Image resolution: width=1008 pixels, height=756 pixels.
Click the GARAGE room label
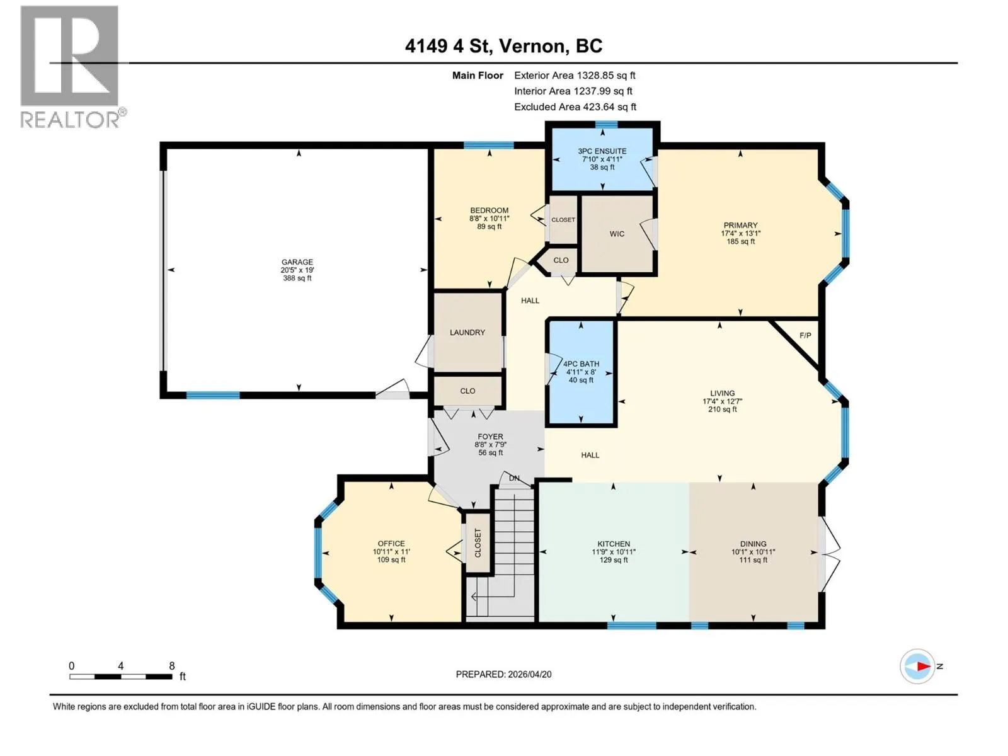pos(297,262)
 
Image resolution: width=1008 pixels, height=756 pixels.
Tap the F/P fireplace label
pos(805,336)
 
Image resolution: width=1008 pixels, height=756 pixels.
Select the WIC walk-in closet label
pos(617,234)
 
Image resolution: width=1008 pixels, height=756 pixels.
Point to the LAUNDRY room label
pos(467,333)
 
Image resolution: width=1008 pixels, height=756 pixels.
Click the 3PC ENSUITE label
pos(602,151)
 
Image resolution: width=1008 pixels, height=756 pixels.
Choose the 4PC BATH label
pos(581,364)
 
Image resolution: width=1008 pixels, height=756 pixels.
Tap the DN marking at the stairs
pos(514,478)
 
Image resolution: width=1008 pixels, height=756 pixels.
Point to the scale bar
pos(121,677)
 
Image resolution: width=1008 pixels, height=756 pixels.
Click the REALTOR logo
pos(72,67)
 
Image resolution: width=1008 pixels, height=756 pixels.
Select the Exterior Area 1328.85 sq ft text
pos(575,75)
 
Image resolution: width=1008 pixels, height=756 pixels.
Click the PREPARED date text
pos(504,674)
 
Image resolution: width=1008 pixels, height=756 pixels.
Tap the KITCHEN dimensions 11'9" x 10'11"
pos(614,552)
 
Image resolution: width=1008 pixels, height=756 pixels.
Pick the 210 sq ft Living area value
pos(723,409)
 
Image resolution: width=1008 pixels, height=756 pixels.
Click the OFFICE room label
pos(391,544)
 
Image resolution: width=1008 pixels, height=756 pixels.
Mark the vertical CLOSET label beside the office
pos(478,543)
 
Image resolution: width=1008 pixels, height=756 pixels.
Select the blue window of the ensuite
pos(606,124)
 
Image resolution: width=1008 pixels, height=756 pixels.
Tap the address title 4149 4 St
pos(449,46)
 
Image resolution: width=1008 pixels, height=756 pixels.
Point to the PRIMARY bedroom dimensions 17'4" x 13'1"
pos(740,233)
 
